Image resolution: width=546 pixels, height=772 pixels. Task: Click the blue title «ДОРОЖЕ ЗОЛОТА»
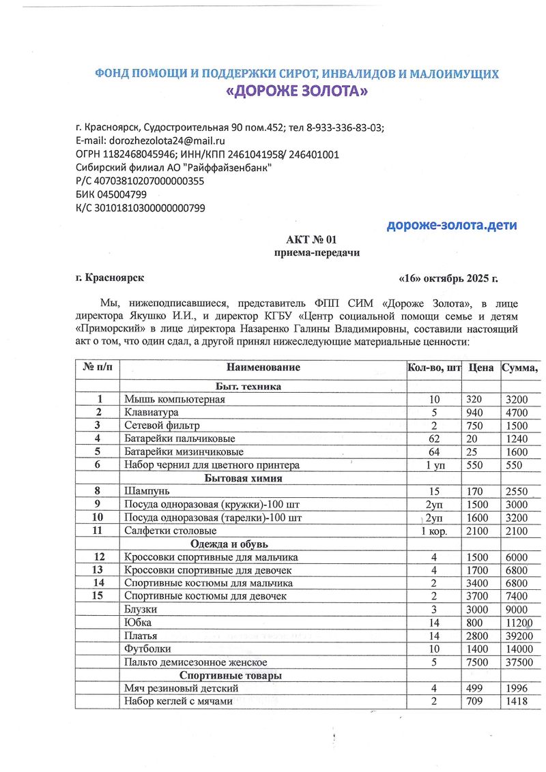(x=296, y=91)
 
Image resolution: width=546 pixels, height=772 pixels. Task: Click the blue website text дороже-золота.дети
(x=452, y=225)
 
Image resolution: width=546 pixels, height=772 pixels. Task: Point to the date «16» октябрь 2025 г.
(x=448, y=278)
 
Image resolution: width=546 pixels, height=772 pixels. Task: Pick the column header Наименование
(x=263, y=368)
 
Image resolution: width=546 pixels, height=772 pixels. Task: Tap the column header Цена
(x=481, y=368)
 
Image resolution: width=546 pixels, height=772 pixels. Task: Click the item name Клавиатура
(x=152, y=413)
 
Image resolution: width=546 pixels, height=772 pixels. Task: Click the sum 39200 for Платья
(x=519, y=636)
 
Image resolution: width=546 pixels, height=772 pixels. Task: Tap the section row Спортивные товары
(x=236, y=675)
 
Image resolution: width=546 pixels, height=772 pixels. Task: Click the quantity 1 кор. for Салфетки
(x=434, y=531)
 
